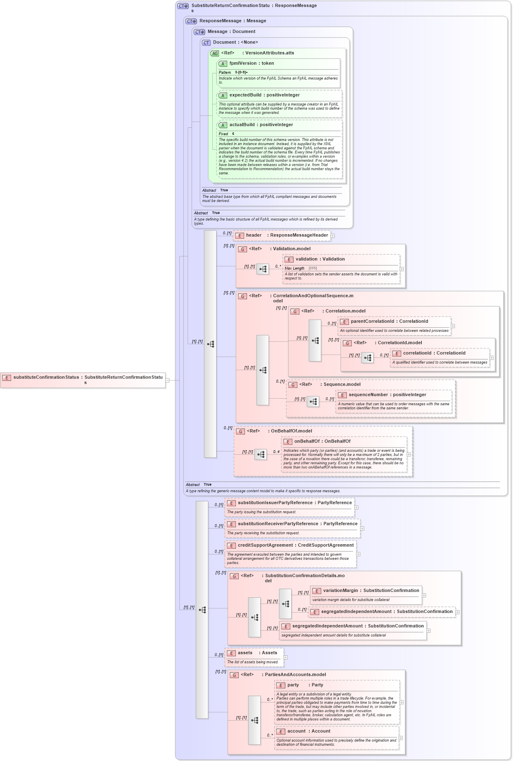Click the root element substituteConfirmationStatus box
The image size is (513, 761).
coord(83,379)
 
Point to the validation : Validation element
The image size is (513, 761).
coord(320,259)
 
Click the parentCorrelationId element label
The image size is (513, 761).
coord(389,322)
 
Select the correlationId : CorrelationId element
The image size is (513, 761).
coord(434,353)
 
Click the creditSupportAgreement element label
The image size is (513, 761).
coord(295,545)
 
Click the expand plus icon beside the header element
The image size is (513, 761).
coord(333,236)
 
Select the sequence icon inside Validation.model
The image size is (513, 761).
coord(263,269)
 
